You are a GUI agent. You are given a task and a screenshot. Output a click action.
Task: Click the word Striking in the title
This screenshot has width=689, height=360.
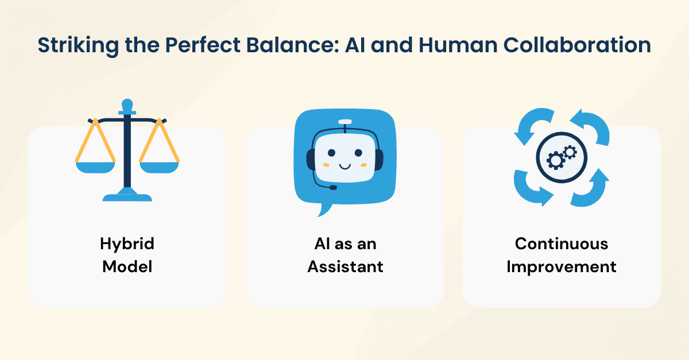tap(78, 45)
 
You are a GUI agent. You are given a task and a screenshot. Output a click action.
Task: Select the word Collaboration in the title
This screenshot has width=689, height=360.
tap(577, 45)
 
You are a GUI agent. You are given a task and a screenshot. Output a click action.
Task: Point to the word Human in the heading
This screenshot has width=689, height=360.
tap(458, 45)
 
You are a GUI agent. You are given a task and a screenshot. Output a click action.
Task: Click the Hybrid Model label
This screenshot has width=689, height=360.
tap(127, 255)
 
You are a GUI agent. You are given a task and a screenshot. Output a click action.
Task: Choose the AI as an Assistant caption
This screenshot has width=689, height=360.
tap(345, 255)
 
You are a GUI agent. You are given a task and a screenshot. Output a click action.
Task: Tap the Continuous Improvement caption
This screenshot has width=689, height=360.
tap(562, 255)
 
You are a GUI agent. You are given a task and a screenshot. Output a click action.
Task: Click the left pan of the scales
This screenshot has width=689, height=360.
tap(95, 168)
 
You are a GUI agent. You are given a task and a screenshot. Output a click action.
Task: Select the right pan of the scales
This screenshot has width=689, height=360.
tap(159, 168)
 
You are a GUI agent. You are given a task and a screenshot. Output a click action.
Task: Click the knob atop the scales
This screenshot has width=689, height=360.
tap(127, 106)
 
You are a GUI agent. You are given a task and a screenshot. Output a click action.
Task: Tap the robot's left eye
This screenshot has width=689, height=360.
tap(332, 153)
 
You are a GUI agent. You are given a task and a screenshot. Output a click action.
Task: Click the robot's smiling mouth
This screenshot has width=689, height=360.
tap(345, 167)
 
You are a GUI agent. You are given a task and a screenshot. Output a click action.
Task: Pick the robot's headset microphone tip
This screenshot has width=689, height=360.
tap(333, 187)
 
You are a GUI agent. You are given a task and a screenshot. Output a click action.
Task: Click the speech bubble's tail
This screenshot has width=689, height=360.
tap(324, 210)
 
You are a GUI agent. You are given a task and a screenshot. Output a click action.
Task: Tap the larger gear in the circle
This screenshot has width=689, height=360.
tap(556, 160)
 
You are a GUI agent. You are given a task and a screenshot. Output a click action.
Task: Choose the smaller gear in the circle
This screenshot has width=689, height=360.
tap(570, 152)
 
